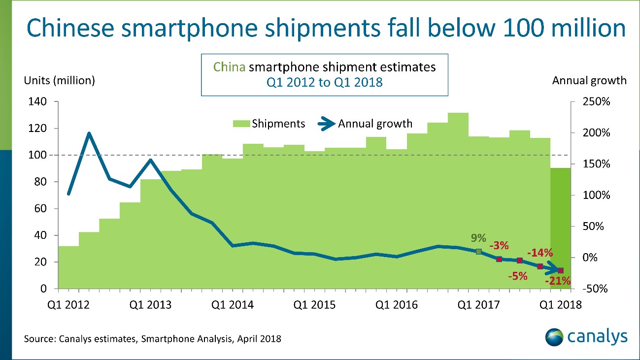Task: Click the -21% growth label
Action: coord(558,282)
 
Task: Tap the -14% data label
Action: coord(540,253)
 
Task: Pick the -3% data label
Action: coord(499,245)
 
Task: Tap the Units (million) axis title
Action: coord(60,80)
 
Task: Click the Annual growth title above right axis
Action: coord(590,80)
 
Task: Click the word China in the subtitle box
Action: coord(229,67)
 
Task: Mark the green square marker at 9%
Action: coord(478,252)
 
